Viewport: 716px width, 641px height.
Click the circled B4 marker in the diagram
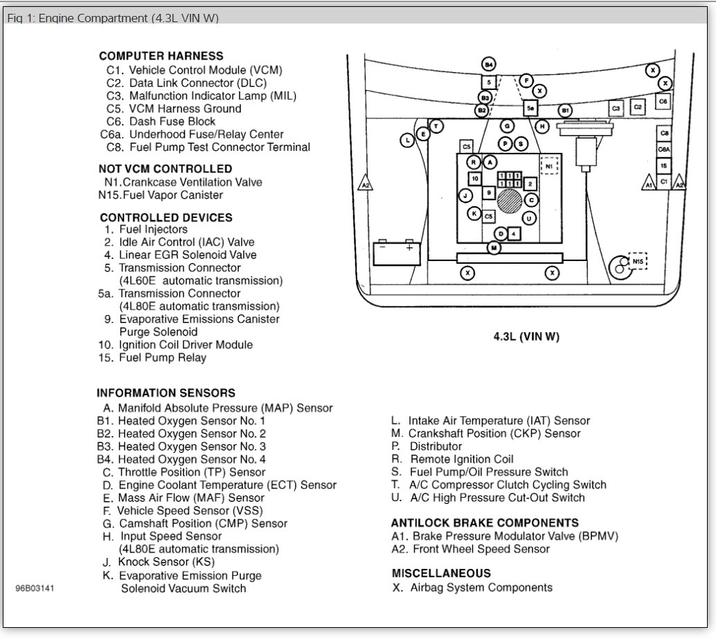tap(489, 64)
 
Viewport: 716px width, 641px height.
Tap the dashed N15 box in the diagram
tap(638, 261)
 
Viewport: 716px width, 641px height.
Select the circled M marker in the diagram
tap(494, 248)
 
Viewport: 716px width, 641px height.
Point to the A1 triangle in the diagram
tap(648, 182)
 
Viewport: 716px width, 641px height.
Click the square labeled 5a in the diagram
tap(530, 109)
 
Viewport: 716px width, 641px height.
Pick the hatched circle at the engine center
tap(509, 201)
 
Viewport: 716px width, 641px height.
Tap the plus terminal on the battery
tap(410, 247)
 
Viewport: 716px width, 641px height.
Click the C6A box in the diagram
tap(664, 150)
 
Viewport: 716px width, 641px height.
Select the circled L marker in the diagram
tap(407, 140)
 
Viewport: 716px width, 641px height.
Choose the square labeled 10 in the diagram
tap(475, 179)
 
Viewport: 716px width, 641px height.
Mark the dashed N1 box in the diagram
tap(549, 165)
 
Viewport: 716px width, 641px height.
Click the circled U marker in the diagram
tap(529, 219)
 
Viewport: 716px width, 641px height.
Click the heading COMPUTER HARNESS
tap(161, 56)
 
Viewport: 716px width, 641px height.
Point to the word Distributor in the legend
tap(436, 446)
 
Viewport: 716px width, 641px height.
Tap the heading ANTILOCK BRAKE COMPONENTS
tap(485, 523)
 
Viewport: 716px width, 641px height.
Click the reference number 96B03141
tap(35, 588)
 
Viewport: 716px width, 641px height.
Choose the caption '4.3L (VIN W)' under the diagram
tap(526, 337)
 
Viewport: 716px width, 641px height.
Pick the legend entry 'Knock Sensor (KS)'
tap(166, 562)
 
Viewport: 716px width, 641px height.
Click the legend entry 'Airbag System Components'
tap(481, 588)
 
